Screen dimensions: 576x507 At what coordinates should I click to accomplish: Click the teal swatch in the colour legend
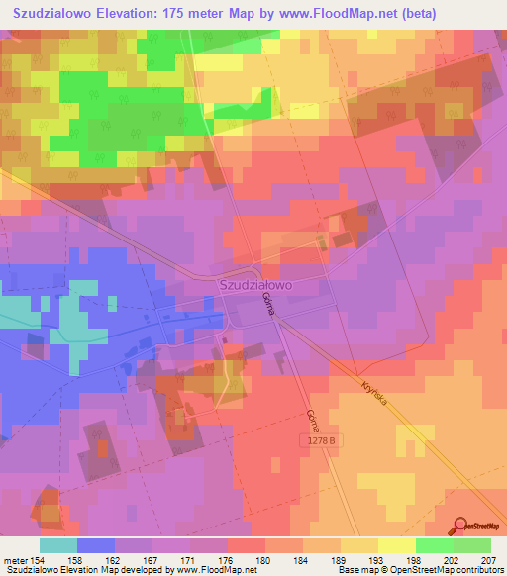pyautogui.click(x=58, y=545)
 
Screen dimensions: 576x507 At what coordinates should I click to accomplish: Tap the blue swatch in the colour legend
pyautogui.click(x=96, y=545)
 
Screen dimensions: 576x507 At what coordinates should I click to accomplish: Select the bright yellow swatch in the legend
pyautogui.click(x=397, y=545)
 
